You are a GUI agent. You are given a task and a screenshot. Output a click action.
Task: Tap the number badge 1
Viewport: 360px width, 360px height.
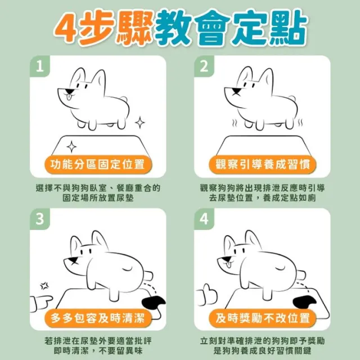(x=40, y=66)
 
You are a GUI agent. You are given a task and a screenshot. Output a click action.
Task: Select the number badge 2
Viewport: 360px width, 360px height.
(x=204, y=66)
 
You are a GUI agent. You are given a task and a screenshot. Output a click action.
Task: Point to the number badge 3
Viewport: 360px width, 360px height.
(x=40, y=219)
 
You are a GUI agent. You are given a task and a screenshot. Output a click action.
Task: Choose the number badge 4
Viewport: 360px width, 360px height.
(x=204, y=219)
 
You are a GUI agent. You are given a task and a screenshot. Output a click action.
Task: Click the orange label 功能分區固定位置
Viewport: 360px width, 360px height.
(x=98, y=164)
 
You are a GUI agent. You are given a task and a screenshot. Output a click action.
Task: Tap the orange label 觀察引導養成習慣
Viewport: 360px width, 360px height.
(x=263, y=164)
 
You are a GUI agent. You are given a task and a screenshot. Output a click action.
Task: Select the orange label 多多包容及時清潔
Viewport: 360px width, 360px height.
(x=98, y=318)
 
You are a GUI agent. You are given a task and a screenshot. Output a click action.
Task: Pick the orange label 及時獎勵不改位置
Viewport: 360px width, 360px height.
(x=263, y=318)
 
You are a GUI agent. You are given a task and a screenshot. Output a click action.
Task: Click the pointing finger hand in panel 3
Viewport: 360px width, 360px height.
(x=41, y=303)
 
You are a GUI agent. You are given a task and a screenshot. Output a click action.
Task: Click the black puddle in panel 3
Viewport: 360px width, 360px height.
(x=154, y=303)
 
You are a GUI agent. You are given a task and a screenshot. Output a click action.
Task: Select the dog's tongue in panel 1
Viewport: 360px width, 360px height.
(x=69, y=97)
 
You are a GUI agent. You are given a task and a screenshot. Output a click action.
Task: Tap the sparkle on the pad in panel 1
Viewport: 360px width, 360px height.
(x=71, y=147)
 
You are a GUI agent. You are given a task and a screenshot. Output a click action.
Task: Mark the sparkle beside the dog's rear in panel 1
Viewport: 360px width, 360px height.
(x=139, y=123)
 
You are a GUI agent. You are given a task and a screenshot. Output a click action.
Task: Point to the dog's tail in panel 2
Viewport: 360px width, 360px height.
(x=291, y=99)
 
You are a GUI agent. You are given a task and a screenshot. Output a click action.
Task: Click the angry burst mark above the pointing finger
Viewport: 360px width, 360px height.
(x=44, y=286)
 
